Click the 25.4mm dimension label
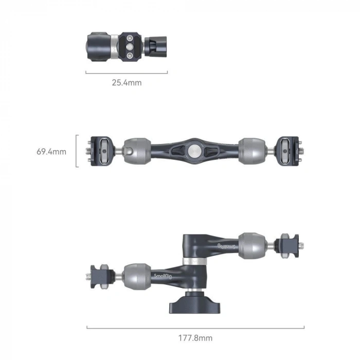coord(127,82)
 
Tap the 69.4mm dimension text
coord(51,152)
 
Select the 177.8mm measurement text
coord(195,338)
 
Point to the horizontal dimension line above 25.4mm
coord(127,73)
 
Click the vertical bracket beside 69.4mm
coord(77,151)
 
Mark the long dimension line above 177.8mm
coord(195,327)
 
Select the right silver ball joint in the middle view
coord(251,151)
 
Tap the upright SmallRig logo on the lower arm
coord(164,276)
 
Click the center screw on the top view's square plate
coord(130,46)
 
